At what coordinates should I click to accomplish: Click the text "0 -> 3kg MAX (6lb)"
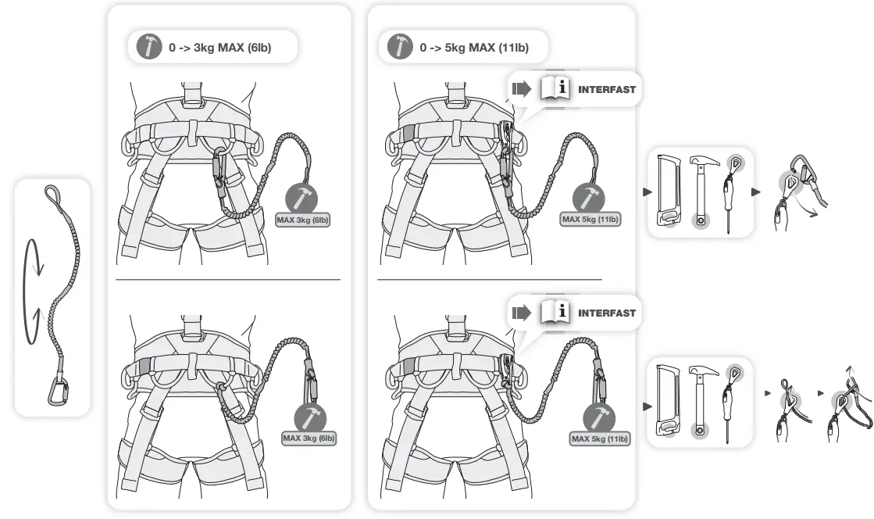point(220,48)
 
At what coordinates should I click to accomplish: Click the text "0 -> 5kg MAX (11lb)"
point(474,48)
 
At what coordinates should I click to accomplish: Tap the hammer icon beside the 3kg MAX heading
point(149,47)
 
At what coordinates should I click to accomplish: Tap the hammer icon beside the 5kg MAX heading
point(401,47)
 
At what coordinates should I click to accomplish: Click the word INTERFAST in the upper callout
point(607,90)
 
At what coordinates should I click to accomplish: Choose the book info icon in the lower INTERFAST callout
point(555,313)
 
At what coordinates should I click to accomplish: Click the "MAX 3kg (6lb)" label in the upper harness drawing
point(303,220)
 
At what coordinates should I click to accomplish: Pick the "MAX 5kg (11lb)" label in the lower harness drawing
point(600,438)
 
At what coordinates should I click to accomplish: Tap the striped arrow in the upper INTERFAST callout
point(520,90)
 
